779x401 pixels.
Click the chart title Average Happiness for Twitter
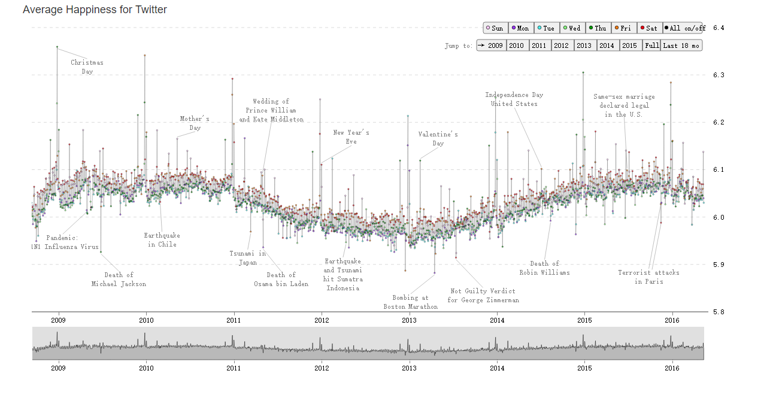(x=95, y=10)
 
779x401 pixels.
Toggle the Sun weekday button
(x=495, y=28)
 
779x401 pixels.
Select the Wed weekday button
(x=572, y=28)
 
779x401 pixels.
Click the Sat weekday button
(x=649, y=28)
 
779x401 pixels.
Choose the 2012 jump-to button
(x=562, y=45)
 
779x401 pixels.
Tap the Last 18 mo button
(x=681, y=45)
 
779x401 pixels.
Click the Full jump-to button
(x=652, y=45)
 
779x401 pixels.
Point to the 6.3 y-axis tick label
(x=719, y=75)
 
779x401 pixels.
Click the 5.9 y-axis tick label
(x=719, y=264)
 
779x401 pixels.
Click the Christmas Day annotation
(x=87, y=66)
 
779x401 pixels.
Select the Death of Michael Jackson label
(x=119, y=280)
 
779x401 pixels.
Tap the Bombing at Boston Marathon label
(x=410, y=302)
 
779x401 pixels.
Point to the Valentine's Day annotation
(x=438, y=139)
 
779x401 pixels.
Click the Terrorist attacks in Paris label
(x=649, y=277)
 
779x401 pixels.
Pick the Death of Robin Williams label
(x=544, y=268)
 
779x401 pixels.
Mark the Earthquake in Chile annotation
(x=162, y=239)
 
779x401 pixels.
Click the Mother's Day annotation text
(x=195, y=123)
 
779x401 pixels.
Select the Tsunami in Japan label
(x=247, y=257)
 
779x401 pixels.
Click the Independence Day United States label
(x=514, y=99)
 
